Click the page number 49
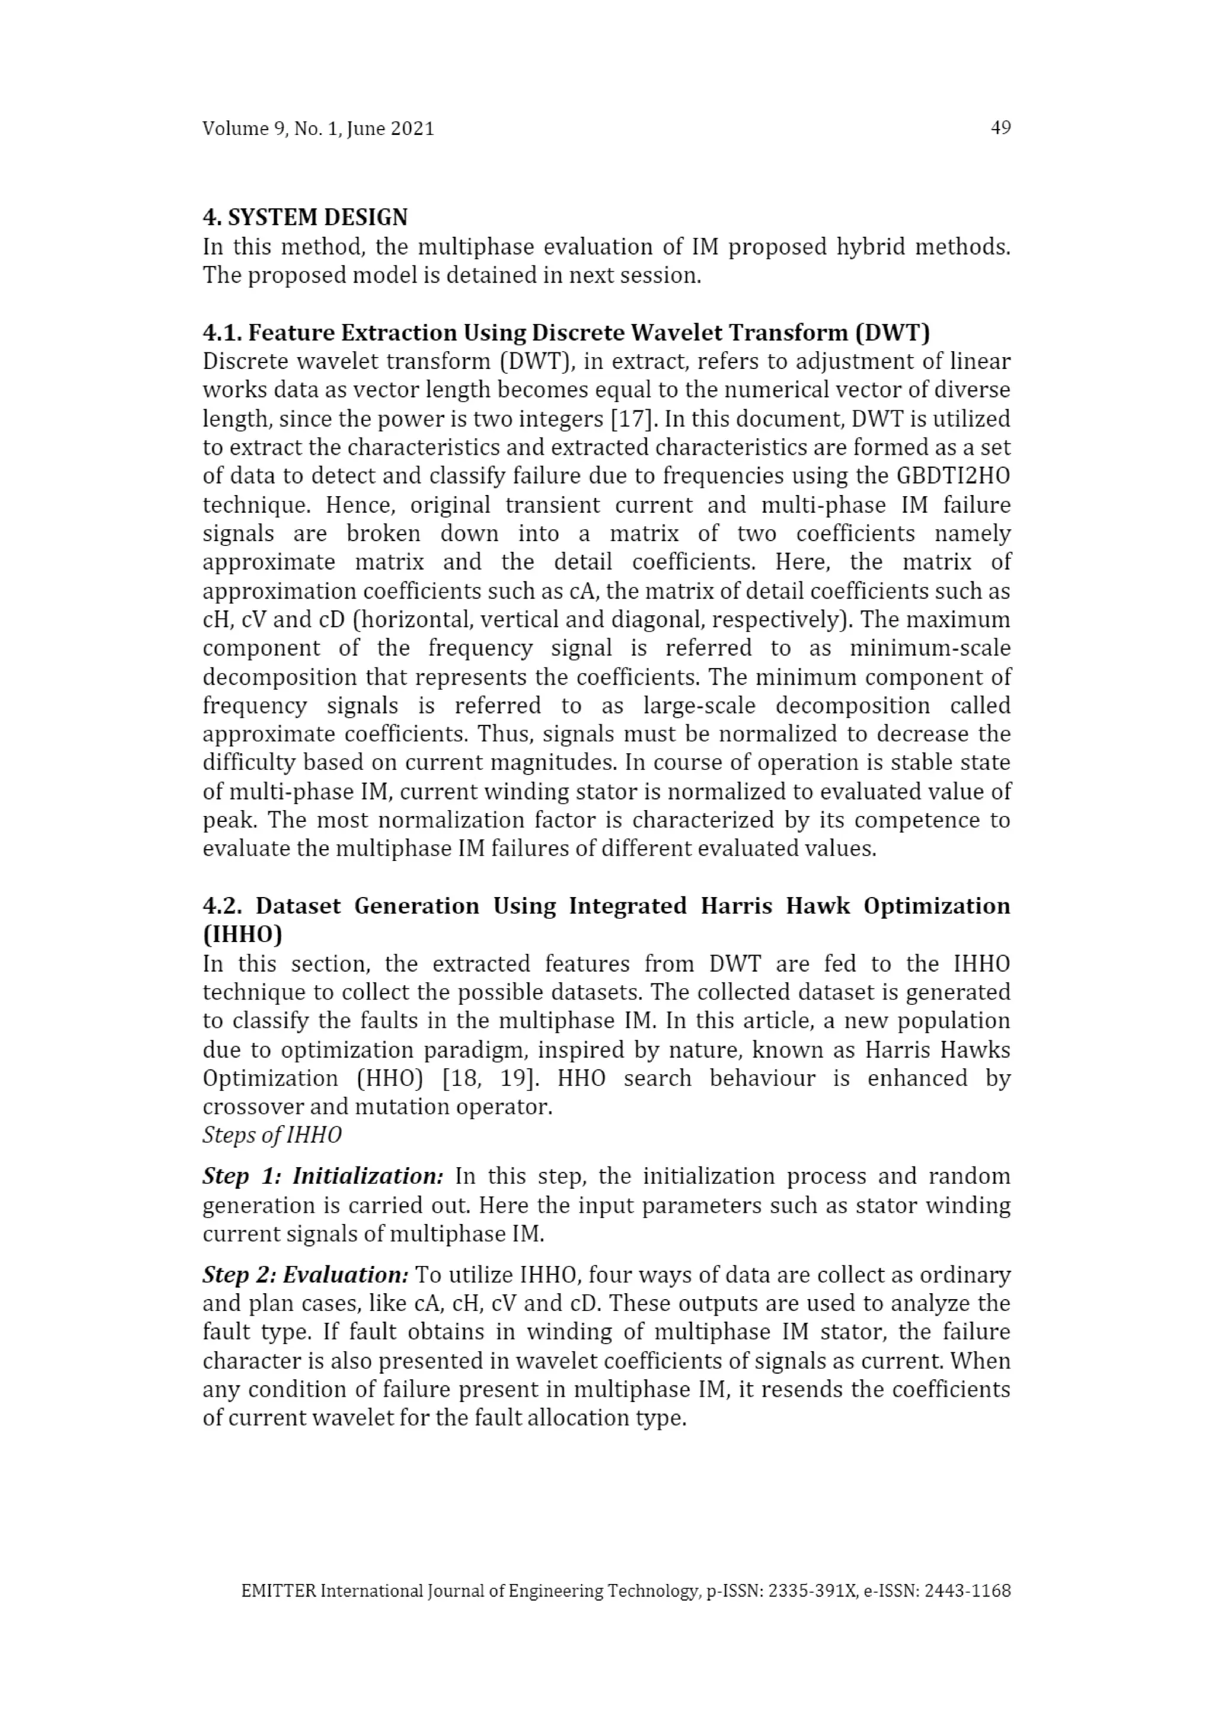[1000, 128]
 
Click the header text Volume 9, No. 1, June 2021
[317, 128]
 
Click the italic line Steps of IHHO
[272, 1135]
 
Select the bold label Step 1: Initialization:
[323, 1177]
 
